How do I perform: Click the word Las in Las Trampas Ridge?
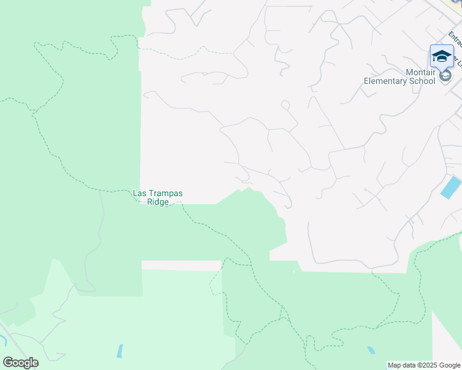pos(140,194)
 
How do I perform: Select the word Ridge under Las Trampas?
pos(158,202)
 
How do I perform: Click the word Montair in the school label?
pos(420,72)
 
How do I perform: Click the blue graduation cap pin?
pos(442,56)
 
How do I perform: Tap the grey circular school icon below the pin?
pos(445,75)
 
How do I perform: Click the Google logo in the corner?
pos(20,363)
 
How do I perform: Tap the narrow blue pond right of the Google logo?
pos(119,351)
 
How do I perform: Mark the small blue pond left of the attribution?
pos(371,350)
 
